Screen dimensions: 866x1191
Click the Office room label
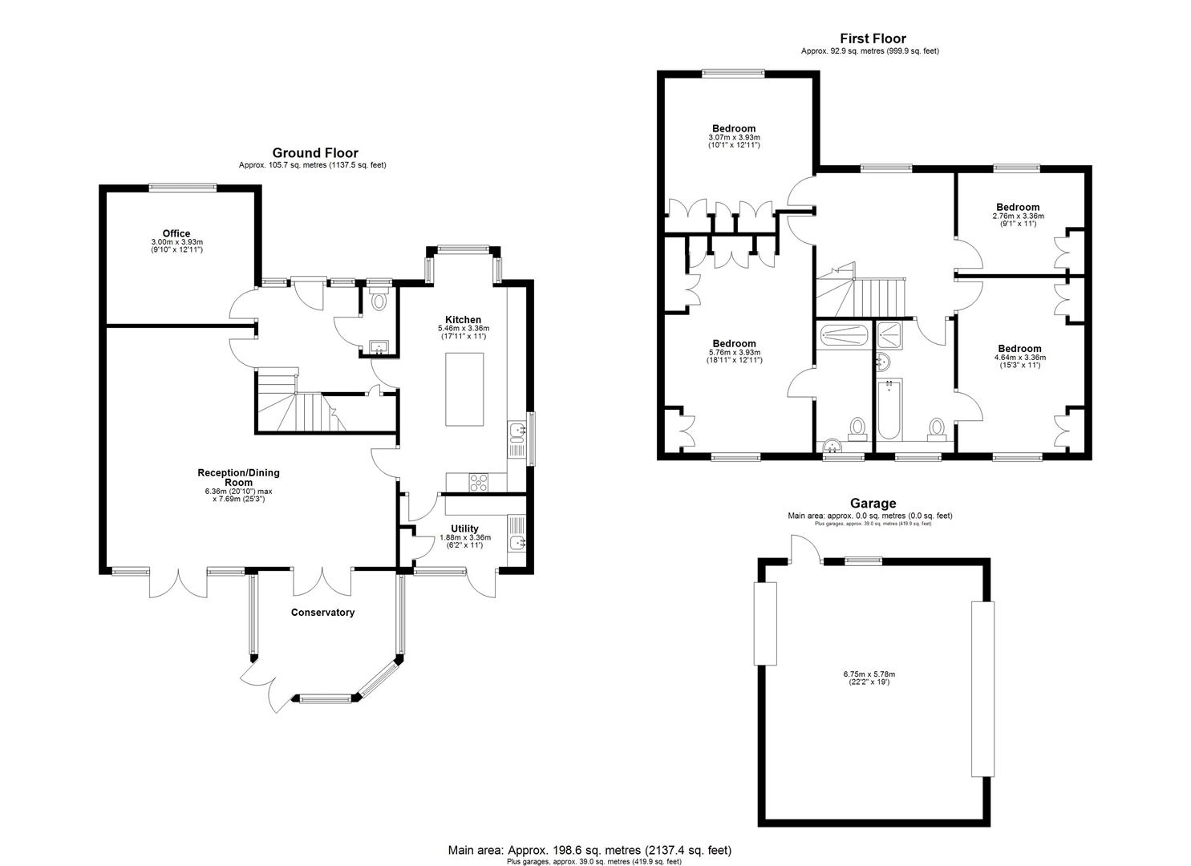click(176, 234)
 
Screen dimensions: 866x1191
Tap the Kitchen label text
click(464, 320)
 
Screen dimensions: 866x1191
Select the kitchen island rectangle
click(465, 389)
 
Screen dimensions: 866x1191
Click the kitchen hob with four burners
click(478, 482)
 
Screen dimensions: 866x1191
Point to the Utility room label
click(464, 528)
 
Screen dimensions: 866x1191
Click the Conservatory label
click(322, 613)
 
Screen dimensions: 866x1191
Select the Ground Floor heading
click(315, 153)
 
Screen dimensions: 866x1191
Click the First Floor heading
click(873, 38)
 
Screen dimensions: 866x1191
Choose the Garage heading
click(873, 504)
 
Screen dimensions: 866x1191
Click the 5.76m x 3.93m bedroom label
click(734, 344)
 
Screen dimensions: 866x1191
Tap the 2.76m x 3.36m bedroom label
click(1018, 207)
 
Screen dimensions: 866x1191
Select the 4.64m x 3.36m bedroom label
click(1019, 349)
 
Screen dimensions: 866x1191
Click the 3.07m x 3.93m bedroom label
click(734, 129)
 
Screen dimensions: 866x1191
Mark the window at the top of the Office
click(182, 188)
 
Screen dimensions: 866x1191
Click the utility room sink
click(517, 543)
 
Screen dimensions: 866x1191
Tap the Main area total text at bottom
click(589, 850)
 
